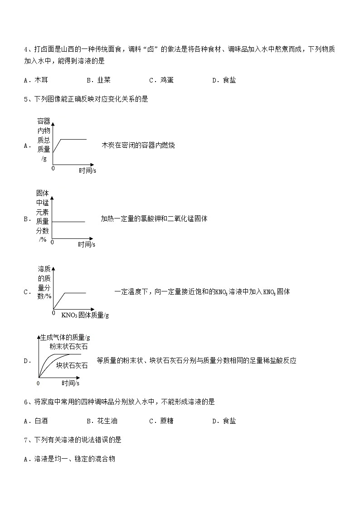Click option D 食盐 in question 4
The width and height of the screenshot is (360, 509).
pos(224,80)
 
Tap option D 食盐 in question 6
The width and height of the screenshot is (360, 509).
pos(224,421)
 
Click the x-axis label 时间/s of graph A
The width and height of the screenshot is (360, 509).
pos(87,170)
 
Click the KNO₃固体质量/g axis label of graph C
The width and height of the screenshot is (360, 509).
pos(85,315)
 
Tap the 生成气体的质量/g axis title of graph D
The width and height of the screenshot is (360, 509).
pos(65,337)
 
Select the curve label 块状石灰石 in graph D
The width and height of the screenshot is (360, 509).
pos(72,365)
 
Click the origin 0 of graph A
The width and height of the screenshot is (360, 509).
pos(53,168)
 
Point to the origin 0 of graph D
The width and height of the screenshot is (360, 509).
pos(38,383)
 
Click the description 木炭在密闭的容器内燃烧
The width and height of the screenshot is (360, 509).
pos(138,145)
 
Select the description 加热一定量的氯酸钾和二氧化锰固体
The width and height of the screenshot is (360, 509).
pos(154,219)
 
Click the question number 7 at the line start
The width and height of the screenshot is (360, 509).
pos(26,440)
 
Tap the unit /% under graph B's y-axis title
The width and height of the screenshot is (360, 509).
pos(43,239)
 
